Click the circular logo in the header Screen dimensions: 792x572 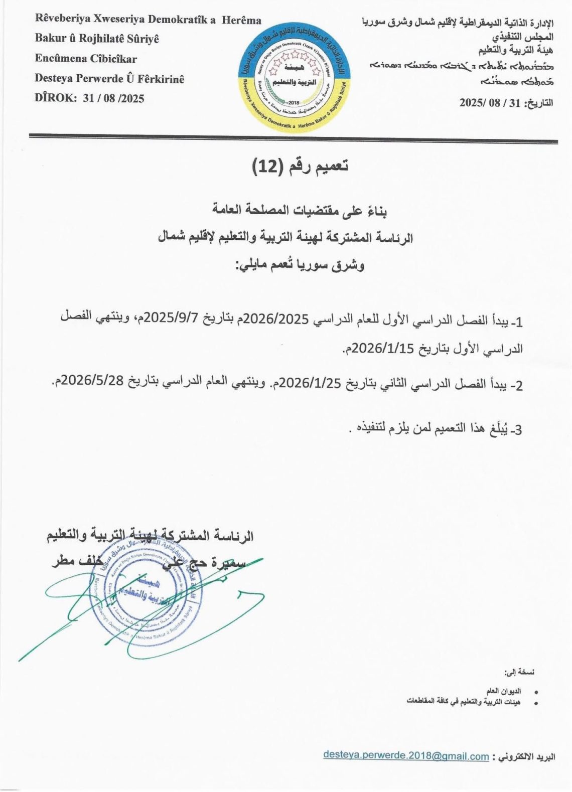click(294, 77)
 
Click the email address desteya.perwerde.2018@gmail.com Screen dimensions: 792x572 click(406, 755)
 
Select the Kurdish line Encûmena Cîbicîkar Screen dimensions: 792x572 click(86, 59)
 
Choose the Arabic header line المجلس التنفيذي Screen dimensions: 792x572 click(523, 37)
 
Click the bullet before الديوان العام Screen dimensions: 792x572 click(536, 692)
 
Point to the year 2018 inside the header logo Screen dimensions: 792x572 click(294, 103)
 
